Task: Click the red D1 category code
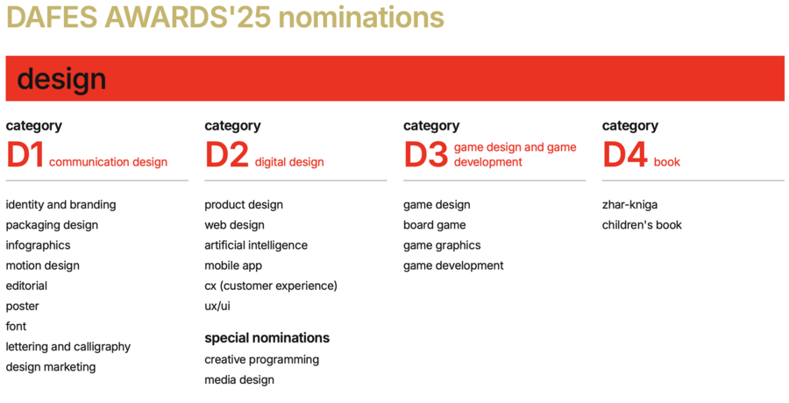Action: [x=25, y=155]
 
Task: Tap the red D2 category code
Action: [x=227, y=155]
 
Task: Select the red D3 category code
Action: [x=426, y=155]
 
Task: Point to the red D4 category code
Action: [x=624, y=155]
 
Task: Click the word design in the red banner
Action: [x=61, y=79]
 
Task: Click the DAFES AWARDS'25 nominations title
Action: [x=225, y=18]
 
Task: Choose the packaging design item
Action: [x=52, y=225]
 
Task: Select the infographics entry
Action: [x=39, y=245]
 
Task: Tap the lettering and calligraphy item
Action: [x=68, y=347]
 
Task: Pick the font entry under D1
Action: [x=16, y=326]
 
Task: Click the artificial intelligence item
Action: [x=256, y=245]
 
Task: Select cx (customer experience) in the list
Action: [x=271, y=286]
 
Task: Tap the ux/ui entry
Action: [x=217, y=306]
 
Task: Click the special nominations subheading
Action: [x=267, y=337]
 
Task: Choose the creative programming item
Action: [x=261, y=360]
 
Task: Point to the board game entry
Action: [x=434, y=225]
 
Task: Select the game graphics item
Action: [x=442, y=245]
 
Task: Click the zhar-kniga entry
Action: [x=629, y=205]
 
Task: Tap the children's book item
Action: [x=642, y=225]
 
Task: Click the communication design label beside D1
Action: [x=108, y=162]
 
